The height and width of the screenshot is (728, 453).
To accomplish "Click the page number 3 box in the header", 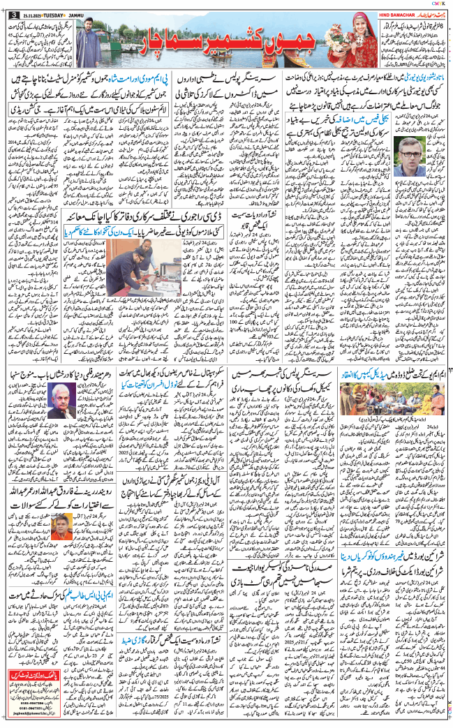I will point(11,15).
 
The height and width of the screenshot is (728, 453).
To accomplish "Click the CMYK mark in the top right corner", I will point(436,5).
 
